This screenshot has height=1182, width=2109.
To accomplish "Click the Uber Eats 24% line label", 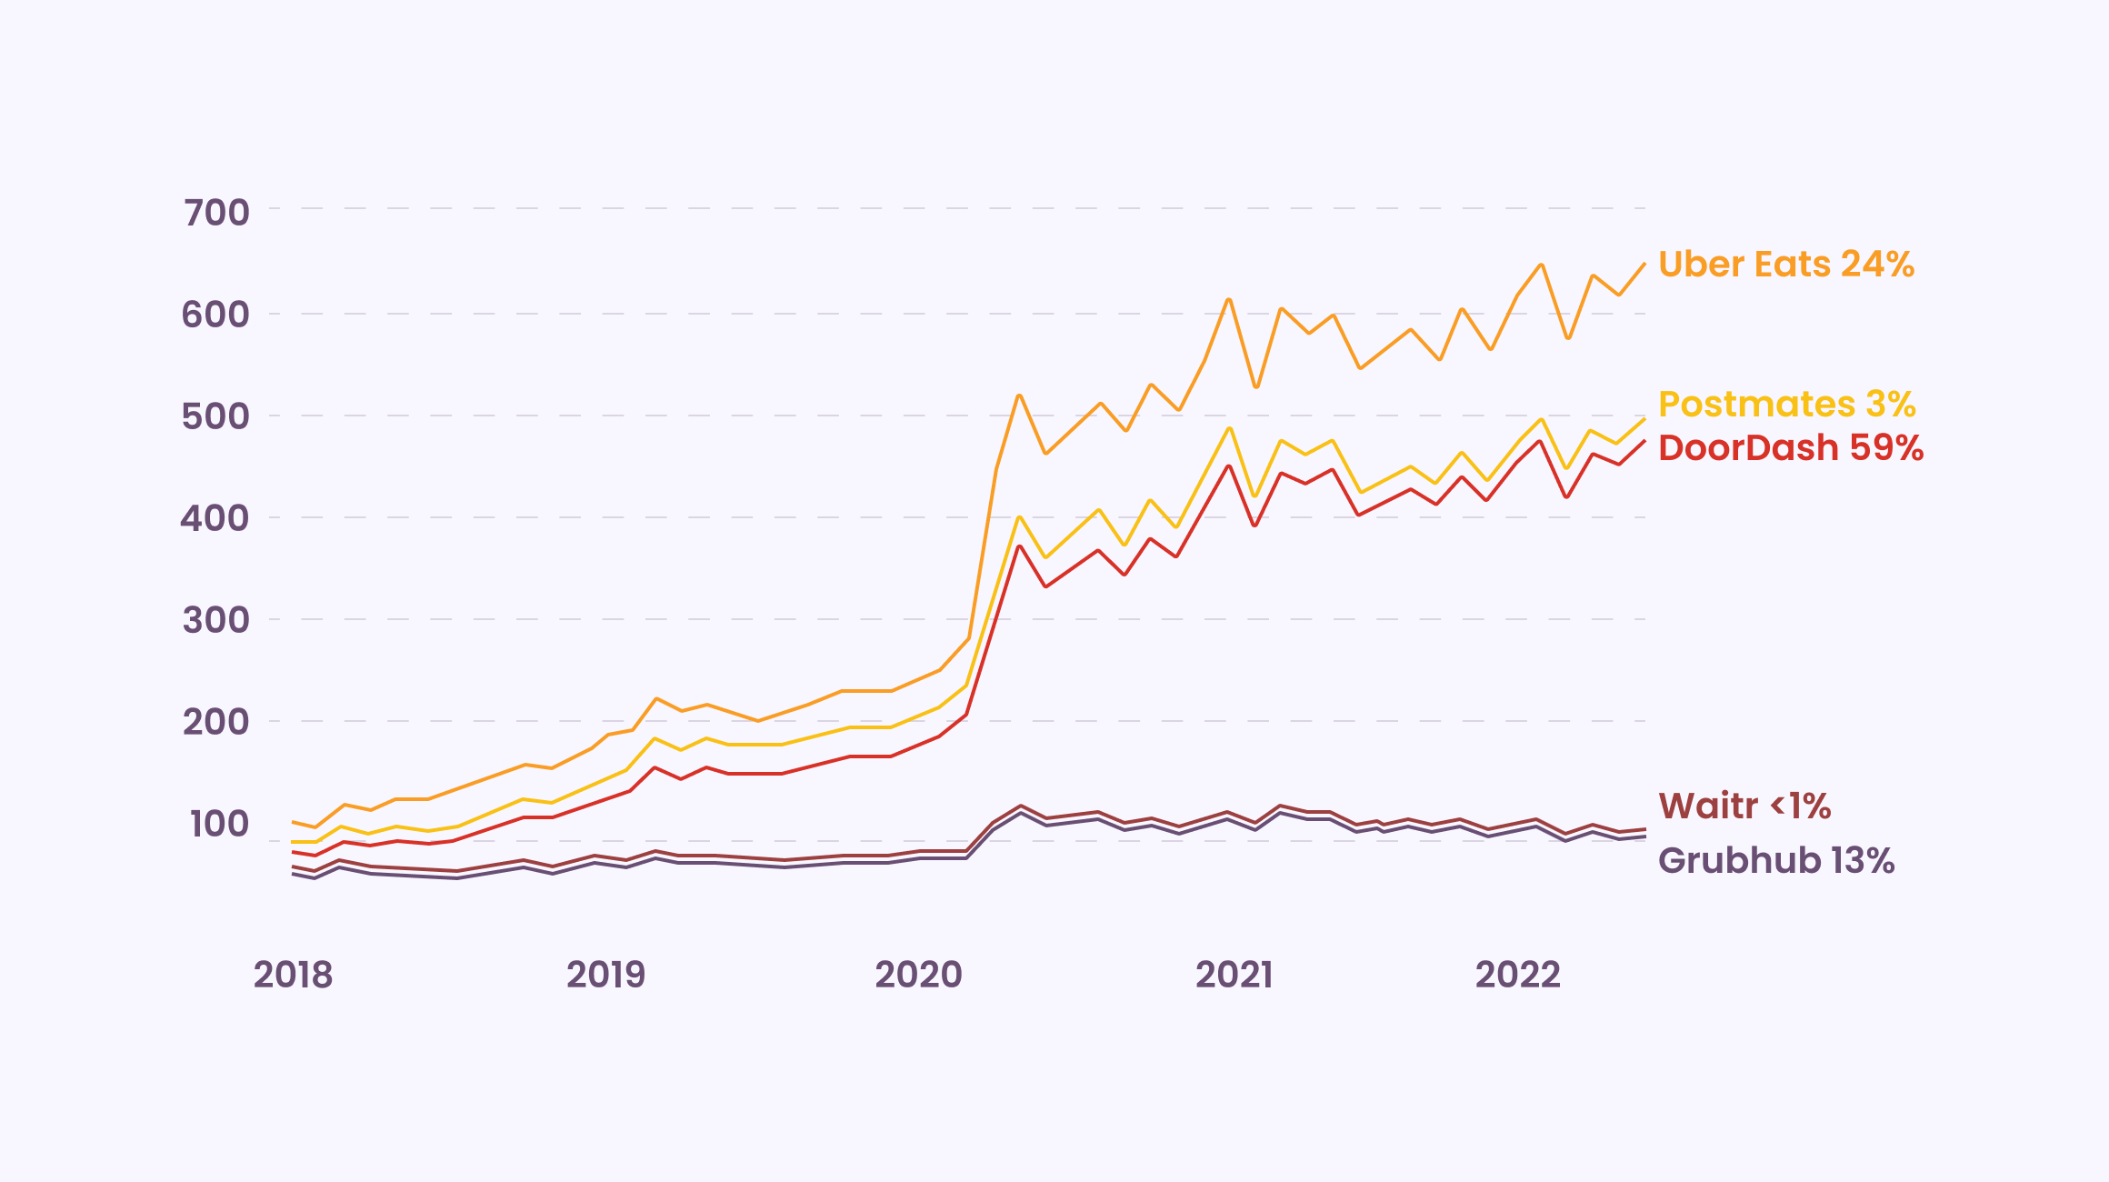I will [x=1785, y=265].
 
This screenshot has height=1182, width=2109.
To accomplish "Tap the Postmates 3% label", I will [x=1786, y=405].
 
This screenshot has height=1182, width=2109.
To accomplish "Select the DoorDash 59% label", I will [x=1790, y=448].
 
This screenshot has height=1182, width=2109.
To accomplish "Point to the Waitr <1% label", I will [x=1744, y=806].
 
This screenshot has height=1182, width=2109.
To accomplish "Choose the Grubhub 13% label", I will [x=1775, y=861].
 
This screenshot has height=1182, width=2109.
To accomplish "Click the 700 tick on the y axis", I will [x=216, y=213].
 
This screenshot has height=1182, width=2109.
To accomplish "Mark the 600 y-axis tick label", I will [x=215, y=315].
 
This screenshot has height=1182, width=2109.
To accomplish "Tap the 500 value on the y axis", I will [x=215, y=416].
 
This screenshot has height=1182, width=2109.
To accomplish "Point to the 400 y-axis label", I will [x=215, y=518].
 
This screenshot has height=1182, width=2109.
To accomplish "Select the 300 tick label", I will [x=215, y=620].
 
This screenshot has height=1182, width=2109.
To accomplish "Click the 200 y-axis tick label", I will [x=215, y=722].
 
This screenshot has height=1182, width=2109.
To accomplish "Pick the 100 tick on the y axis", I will [x=219, y=824].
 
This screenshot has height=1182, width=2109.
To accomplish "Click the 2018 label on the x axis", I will [x=293, y=975].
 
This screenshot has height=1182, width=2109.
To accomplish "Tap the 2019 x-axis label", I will [x=605, y=975].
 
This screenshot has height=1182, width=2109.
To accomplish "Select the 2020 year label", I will [x=918, y=975].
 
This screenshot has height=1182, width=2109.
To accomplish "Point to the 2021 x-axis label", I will [x=1234, y=975].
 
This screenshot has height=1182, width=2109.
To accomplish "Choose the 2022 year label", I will [x=1517, y=975].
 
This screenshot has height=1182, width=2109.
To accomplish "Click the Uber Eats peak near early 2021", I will [x=1229, y=299].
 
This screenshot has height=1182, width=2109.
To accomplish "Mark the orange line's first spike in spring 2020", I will [x=1019, y=396].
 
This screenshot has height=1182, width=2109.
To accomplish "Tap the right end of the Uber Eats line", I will [x=1644, y=265].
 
